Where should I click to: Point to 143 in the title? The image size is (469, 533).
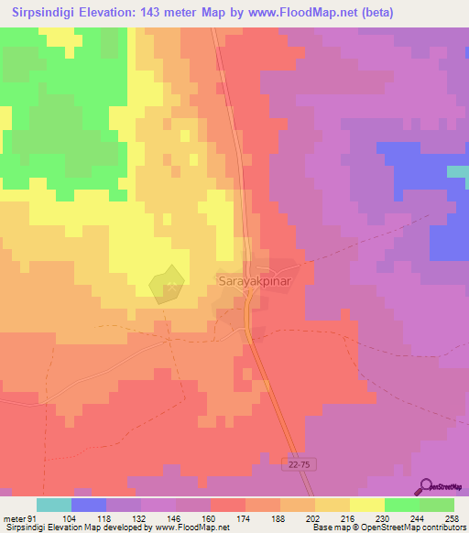point(188,13)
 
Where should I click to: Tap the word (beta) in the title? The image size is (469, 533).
point(442,13)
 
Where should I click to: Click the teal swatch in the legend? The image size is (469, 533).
point(54,505)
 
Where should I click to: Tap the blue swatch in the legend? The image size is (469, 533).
point(89,505)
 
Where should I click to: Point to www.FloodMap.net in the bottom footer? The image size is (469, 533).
point(189,528)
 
